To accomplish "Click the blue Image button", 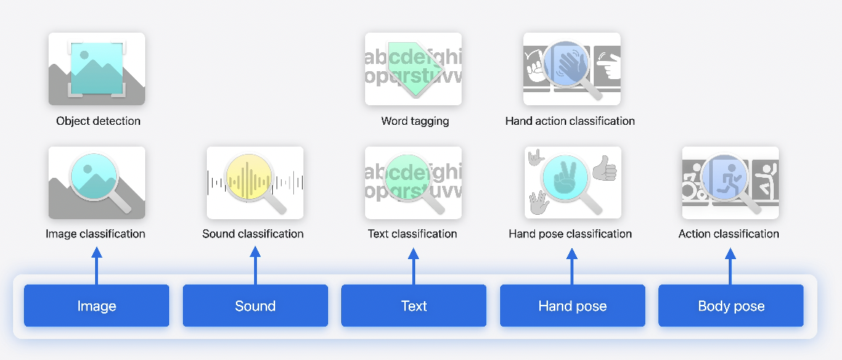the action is [97, 306].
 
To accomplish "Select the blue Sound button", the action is [255, 306].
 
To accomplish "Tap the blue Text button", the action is [414, 306].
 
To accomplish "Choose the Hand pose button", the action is [572, 306].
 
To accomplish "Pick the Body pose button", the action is [731, 306].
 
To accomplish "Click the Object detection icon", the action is [97, 69].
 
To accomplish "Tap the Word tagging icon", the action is [414, 69].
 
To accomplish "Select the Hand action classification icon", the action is [572, 69].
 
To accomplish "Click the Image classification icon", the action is [97, 183].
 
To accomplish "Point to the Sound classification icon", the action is [255, 183].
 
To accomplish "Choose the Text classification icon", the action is [414, 183].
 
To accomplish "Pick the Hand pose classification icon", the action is [572, 183].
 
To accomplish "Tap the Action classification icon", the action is [730, 183].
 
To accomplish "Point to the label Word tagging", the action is [415, 121].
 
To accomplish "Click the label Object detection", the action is [98, 121].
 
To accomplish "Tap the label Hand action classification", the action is [570, 121].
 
